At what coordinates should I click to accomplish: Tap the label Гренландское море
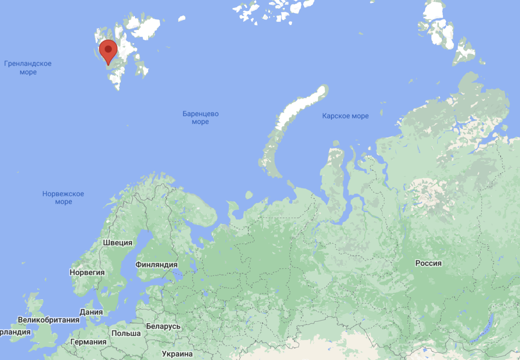tap(28, 68)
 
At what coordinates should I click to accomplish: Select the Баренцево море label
tap(200, 118)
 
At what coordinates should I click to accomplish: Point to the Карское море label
tap(345, 116)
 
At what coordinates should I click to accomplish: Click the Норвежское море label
tap(63, 198)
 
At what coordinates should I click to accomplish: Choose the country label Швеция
tap(118, 242)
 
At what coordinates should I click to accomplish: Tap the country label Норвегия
tap(87, 272)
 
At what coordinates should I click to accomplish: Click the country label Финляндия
tap(156, 264)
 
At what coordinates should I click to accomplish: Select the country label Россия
tap(428, 263)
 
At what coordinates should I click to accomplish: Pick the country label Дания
tap(91, 312)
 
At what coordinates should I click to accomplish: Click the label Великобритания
tap(48, 320)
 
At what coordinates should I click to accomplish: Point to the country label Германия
tap(88, 342)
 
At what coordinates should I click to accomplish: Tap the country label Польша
tap(126, 333)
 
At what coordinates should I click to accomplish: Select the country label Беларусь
tap(163, 326)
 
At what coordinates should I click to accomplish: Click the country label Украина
tap(177, 354)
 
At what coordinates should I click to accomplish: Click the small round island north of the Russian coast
tap(249, 195)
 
